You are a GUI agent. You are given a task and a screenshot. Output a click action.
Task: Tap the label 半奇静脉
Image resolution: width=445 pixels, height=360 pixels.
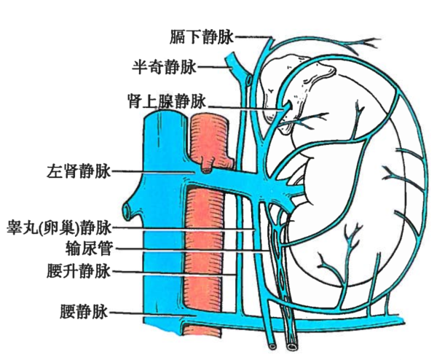[164, 68]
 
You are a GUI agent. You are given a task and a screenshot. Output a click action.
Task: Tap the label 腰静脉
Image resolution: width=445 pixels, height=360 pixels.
[85, 312]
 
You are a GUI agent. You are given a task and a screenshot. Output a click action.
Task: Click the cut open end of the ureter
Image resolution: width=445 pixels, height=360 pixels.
[293, 340]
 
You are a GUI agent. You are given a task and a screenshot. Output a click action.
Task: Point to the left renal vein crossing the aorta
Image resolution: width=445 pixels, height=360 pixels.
[218, 179]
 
